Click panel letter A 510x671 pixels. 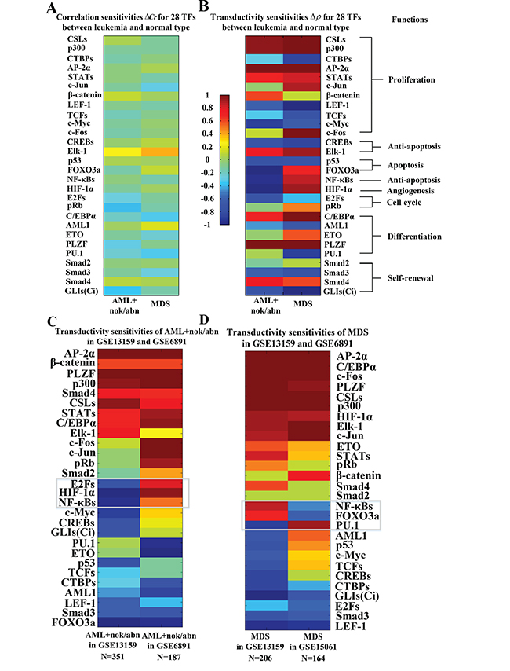(x=51, y=8)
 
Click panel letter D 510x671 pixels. (x=204, y=320)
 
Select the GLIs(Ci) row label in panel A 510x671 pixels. (x=82, y=291)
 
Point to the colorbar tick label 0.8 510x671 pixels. (x=207, y=108)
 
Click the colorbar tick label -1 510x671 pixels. (x=207, y=225)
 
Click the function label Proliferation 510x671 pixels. (x=411, y=79)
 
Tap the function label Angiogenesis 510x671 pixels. (x=410, y=191)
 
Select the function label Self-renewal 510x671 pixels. (x=410, y=278)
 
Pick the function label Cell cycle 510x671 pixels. (x=404, y=203)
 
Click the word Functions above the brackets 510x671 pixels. (x=410, y=20)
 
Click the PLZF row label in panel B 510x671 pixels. (x=336, y=244)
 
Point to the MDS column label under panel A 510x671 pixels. (x=160, y=303)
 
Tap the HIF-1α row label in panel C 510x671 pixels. (x=77, y=493)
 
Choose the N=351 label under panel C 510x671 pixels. (x=113, y=656)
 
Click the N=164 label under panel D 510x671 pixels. (x=313, y=658)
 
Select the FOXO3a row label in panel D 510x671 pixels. (x=357, y=515)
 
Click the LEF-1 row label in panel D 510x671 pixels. (x=351, y=626)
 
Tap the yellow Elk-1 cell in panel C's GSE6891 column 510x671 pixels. (x=161, y=433)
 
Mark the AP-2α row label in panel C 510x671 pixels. (x=79, y=354)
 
